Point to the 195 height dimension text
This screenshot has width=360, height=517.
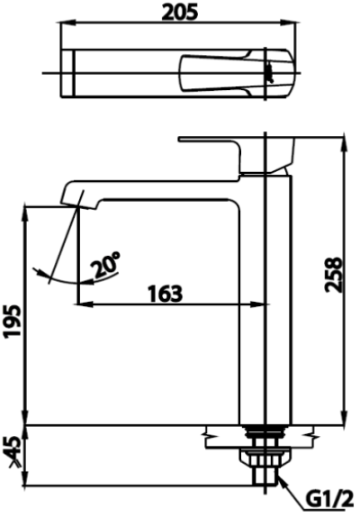(x=13, y=320)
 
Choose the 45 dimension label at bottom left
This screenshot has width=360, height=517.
(x=13, y=449)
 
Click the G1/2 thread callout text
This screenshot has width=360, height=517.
(x=329, y=497)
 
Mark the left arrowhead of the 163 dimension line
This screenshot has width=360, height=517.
(x=83, y=305)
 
